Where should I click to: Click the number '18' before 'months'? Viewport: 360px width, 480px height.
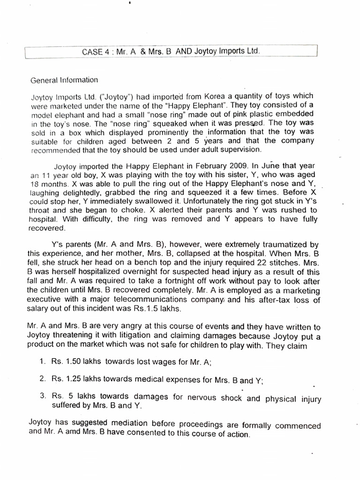tap(35, 183)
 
